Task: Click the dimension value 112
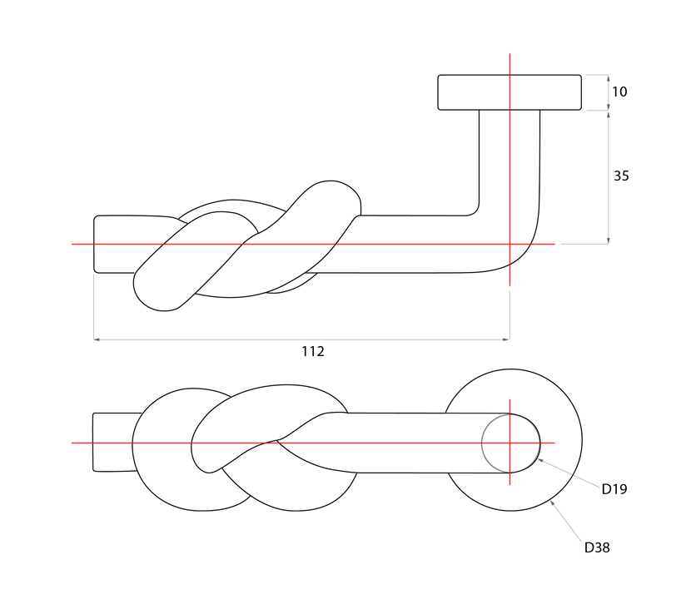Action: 312,351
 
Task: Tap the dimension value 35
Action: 621,176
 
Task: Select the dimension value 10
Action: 619,92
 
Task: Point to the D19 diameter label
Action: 614,489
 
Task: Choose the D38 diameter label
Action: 597,547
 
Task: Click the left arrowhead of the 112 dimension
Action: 97,339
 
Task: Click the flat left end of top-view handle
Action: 93,442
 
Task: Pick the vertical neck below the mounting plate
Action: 510,158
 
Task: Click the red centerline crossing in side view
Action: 510,244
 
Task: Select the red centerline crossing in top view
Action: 510,443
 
